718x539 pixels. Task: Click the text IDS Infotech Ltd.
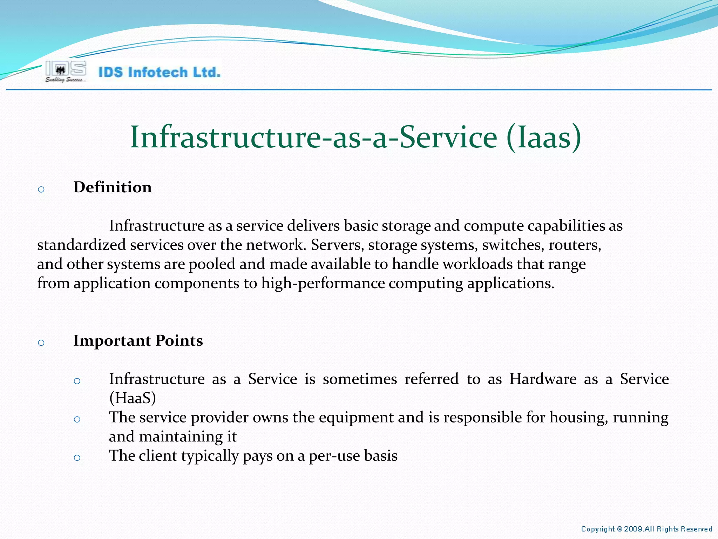160,72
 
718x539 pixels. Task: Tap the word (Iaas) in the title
544,138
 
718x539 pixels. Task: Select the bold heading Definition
113,187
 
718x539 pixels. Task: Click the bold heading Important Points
138,341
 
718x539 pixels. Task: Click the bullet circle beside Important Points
41,343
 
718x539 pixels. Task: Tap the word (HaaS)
133,398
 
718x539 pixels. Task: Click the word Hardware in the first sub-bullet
543,379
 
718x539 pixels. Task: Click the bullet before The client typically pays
77,458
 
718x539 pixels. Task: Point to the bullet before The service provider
77,419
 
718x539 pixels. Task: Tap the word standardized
81,245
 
